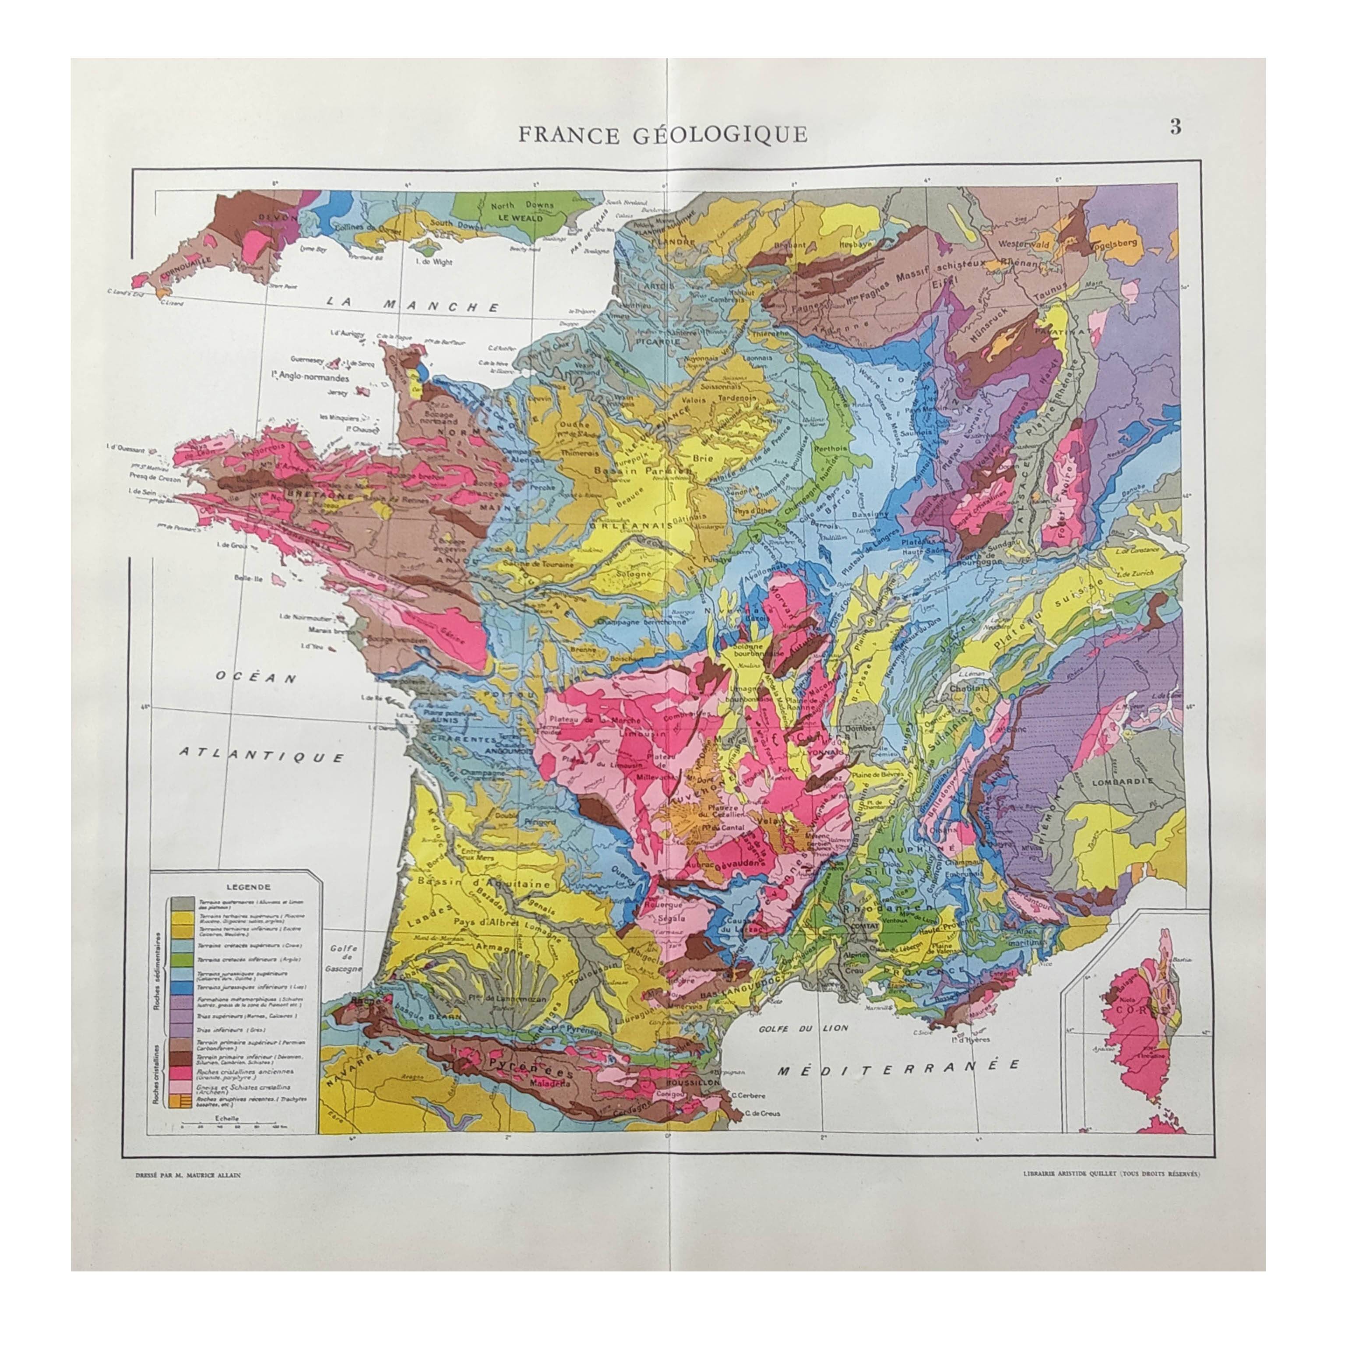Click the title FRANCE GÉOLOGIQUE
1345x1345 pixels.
pyautogui.click(x=663, y=134)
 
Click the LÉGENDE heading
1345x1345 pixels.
pyautogui.click(x=249, y=887)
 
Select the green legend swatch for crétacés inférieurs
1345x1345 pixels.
pyautogui.click(x=182, y=960)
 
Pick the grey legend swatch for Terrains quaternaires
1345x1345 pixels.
pyautogui.click(x=183, y=904)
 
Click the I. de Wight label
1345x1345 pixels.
pyautogui.click(x=433, y=262)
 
